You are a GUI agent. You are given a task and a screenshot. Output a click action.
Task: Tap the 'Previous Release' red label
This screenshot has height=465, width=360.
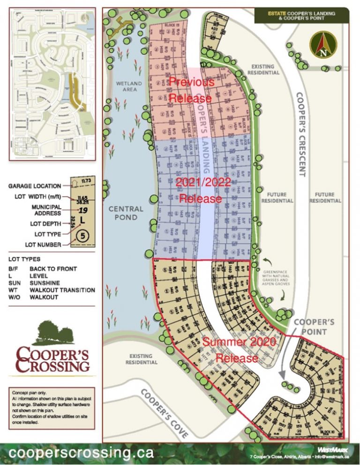(x=191, y=90)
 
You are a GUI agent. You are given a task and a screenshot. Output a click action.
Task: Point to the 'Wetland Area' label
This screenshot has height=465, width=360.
(x=126, y=86)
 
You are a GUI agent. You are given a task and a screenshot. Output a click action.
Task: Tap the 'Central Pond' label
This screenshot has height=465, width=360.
(x=126, y=213)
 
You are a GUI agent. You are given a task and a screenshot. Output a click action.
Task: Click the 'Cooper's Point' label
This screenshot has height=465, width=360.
(x=314, y=327)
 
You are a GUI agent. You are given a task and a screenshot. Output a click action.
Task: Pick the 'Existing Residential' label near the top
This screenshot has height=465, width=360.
(x=265, y=69)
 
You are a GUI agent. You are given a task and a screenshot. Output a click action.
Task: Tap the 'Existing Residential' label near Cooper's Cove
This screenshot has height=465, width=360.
(x=142, y=359)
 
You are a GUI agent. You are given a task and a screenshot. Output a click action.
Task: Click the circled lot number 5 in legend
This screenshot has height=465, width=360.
(x=82, y=236)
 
